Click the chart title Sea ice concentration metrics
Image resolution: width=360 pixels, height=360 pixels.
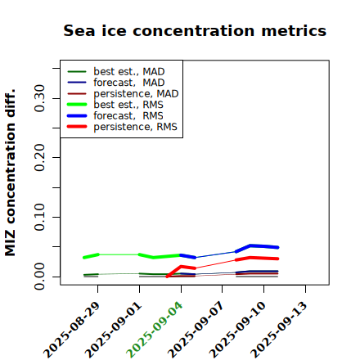195,30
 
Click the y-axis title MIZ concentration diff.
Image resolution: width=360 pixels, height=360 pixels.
10,173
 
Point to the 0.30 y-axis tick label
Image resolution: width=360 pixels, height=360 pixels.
39,98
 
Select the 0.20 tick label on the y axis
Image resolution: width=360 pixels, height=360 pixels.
39,157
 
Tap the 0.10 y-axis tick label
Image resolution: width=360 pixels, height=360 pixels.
39,217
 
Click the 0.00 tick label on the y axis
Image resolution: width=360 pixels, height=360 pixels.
39,277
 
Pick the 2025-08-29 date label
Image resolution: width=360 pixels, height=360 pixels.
72,330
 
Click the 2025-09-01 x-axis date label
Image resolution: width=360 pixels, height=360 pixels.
114,330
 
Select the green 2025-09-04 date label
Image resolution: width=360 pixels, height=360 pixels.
155,330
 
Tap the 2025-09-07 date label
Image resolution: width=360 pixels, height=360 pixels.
196,330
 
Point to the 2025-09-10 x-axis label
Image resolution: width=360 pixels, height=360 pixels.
238,330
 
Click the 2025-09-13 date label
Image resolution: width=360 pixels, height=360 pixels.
280,330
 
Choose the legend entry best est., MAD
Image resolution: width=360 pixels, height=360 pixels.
116,71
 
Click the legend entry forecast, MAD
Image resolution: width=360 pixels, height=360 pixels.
116,83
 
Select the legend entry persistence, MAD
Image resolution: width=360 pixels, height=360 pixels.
123,93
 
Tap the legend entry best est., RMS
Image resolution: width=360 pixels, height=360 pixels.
115,105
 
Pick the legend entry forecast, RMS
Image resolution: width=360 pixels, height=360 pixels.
115,115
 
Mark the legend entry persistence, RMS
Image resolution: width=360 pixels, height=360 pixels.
122,127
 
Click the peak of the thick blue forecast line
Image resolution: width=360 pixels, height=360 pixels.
250,245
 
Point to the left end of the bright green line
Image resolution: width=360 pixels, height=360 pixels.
83,258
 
